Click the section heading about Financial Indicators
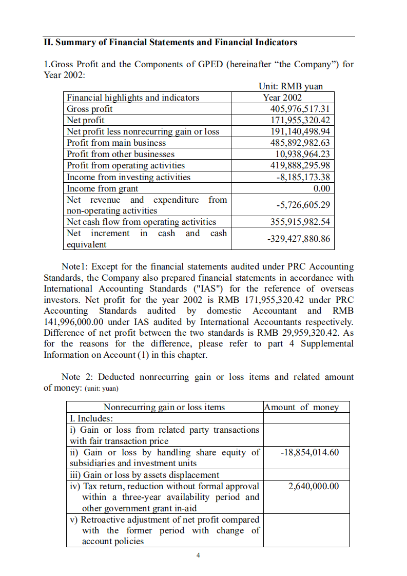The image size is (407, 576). [170, 43]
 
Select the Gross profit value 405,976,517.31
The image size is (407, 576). [300, 109]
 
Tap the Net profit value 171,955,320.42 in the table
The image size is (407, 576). [300, 120]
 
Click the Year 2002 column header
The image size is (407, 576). [282, 98]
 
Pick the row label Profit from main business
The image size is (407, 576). [117, 143]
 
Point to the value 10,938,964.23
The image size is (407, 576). [302, 154]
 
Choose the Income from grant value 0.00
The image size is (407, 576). [321, 188]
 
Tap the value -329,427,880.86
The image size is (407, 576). [300, 239]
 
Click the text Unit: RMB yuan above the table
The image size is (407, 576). [291, 86]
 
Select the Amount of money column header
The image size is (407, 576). [301, 407]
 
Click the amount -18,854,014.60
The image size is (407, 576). [309, 452]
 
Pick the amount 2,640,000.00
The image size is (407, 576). [313, 486]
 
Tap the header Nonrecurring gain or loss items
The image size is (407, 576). [164, 407]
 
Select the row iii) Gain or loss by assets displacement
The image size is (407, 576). [144, 475]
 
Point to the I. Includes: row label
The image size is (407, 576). [91, 418]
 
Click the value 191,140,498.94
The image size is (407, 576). [300, 131]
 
